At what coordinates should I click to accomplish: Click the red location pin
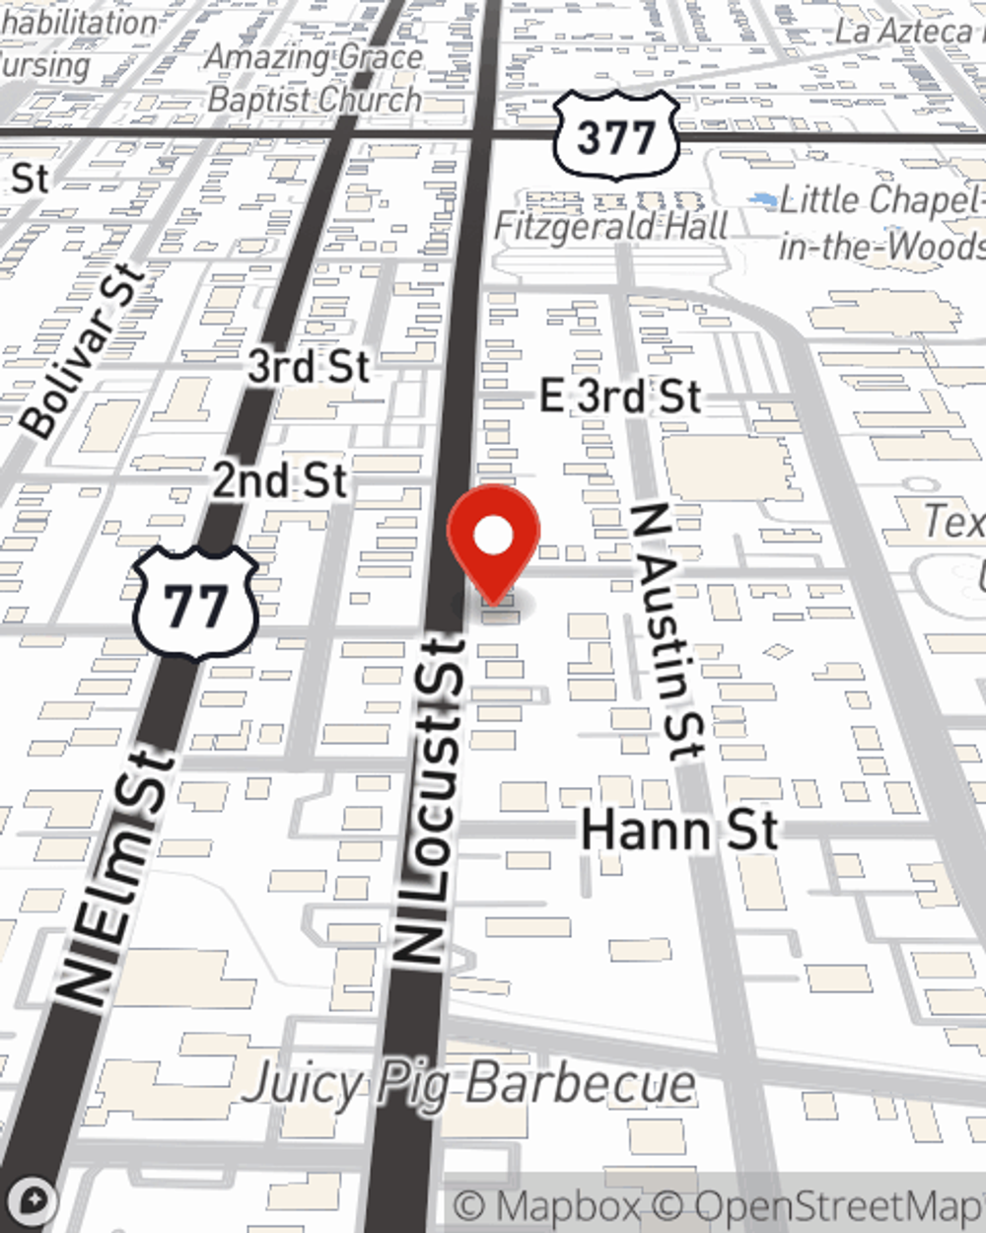point(494,538)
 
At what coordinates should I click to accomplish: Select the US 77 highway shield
point(195,604)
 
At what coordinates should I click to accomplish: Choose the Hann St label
point(679,830)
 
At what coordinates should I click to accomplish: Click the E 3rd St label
point(620,397)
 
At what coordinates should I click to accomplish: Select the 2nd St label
point(280,481)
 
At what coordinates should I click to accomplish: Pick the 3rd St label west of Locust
point(309,367)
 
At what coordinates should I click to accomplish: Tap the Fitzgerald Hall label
point(611,226)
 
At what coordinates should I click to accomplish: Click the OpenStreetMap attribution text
point(838,1206)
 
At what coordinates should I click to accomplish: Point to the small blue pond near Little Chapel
point(761,201)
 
